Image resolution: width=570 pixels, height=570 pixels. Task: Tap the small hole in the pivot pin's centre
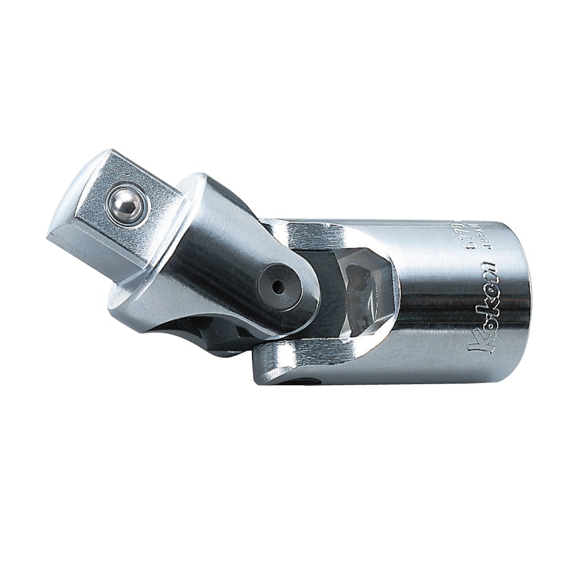(x=278, y=288)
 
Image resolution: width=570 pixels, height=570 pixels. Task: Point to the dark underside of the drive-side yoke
(x=217, y=336)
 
